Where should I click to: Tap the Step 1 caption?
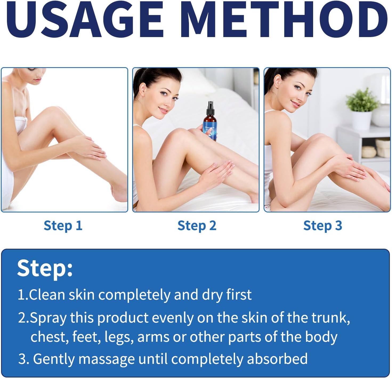click(63, 226)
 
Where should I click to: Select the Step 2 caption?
click(197, 226)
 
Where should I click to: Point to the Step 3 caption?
click(322, 226)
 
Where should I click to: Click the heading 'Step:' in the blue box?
click(45, 268)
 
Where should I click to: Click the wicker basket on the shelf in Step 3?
click(383, 145)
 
